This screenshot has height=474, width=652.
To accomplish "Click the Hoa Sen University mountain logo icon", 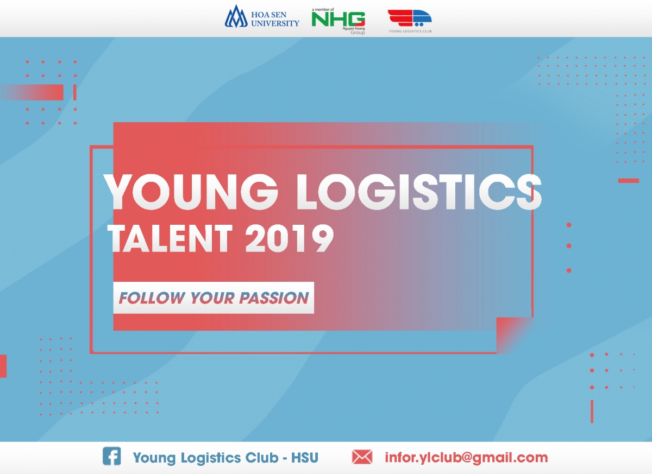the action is click(x=236, y=17).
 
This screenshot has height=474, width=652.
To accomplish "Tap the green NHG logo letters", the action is click(x=338, y=19).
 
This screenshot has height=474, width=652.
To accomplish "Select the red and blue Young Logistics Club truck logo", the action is click(x=410, y=18).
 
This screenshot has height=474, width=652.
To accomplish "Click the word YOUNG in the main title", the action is click(x=191, y=192).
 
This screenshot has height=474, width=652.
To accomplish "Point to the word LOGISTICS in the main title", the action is click(x=419, y=192).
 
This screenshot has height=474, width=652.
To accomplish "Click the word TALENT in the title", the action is click(x=170, y=238).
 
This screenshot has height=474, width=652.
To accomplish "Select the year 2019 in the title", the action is click(x=290, y=238).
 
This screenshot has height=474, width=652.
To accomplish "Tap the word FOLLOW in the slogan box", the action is click(x=152, y=298).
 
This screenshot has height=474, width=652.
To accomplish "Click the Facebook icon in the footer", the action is click(x=112, y=456).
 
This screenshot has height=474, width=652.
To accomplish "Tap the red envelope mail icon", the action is click(x=362, y=457).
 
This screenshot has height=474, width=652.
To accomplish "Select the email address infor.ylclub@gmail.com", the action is click(x=466, y=458).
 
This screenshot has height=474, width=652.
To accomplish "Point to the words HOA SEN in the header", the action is click(x=269, y=15).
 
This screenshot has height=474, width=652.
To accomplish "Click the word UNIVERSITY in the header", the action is click(x=275, y=23).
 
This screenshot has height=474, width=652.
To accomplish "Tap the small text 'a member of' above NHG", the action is click(x=323, y=10).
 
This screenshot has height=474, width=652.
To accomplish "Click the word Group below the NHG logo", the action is click(x=358, y=33).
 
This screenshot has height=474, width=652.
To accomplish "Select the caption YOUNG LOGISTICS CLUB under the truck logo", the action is click(x=410, y=31).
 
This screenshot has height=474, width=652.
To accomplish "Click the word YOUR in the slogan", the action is click(x=212, y=298).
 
